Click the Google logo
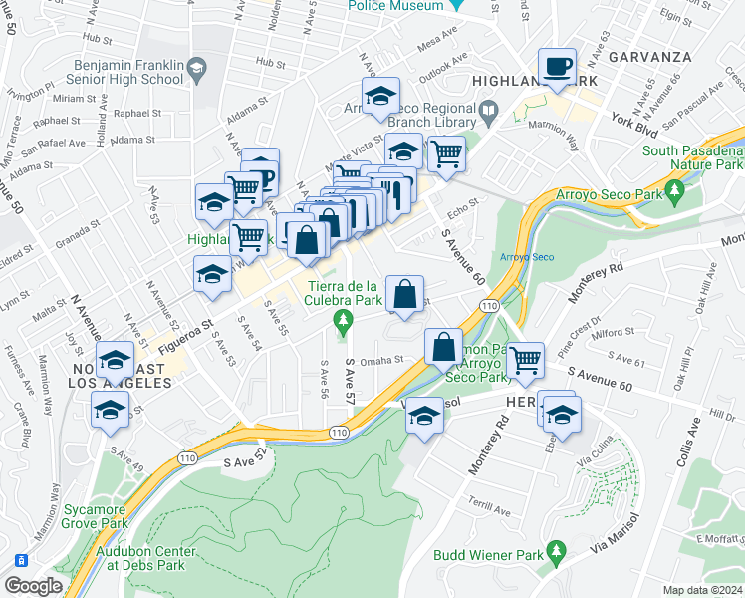click(33, 586)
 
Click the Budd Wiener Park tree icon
click(556, 549)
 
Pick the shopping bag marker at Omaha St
click(443, 348)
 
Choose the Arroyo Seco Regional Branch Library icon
click(489, 109)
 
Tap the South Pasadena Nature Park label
click(693, 157)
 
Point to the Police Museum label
click(395, 5)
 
